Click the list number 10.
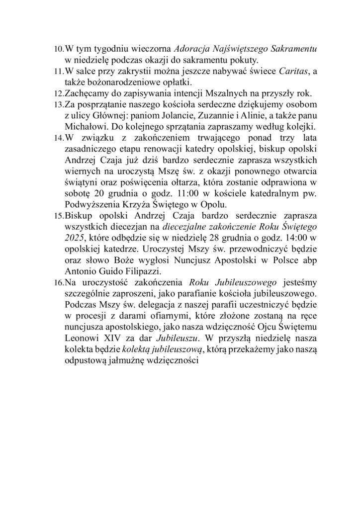59,50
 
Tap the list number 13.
59,103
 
